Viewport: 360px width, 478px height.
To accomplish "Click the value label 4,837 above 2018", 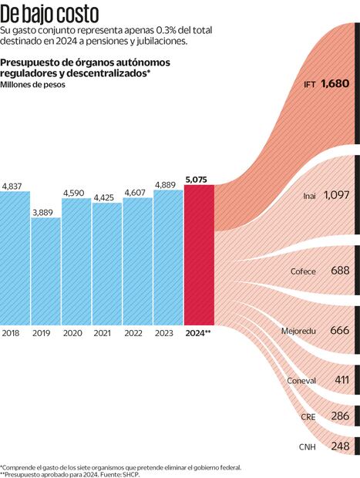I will (x=13, y=187).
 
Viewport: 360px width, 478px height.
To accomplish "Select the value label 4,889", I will (x=168, y=184).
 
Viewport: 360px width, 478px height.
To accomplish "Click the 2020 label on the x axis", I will (x=73, y=333).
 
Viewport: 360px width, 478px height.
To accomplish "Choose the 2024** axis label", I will (x=198, y=333).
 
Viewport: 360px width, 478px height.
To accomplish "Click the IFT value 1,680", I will (x=336, y=82).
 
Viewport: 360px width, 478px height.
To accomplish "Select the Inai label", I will (x=308, y=197).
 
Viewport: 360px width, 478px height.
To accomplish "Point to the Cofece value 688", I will (x=340, y=271).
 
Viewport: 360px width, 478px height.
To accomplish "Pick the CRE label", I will (x=308, y=416).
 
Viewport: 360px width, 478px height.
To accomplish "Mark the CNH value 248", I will (x=340, y=446).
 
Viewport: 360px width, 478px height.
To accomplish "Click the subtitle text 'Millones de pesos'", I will (x=33, y=85).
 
